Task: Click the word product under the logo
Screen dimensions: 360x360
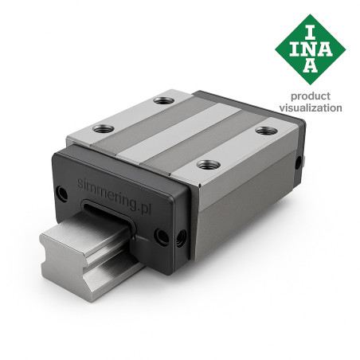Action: tap(311, 96)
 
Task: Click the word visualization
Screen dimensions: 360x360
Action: tap(311, 108)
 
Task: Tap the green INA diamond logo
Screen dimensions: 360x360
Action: tap(310, 49)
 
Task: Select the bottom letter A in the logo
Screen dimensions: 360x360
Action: tap(310, 66)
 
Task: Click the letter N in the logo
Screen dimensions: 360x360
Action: tap(311, 49)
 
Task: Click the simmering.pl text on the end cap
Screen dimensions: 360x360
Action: tap(115, 197)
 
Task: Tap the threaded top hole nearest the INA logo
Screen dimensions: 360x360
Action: tap(266, 131)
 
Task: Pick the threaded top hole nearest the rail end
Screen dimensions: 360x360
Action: tap(104, 129)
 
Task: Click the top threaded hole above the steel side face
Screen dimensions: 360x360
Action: tap(209, 165)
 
